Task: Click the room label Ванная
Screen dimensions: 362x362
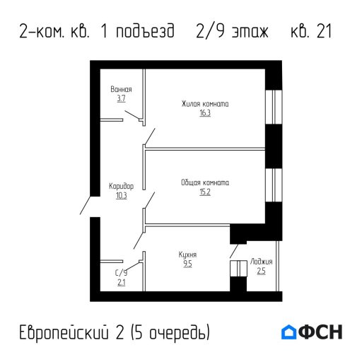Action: (122, 90)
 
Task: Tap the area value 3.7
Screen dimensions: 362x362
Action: (122, 99)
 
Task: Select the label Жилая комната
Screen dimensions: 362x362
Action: (205, 104)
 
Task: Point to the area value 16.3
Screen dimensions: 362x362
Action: (205, 113)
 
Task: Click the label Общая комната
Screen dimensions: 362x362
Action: (205, 182)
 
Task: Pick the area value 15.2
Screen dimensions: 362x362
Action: (205, 191)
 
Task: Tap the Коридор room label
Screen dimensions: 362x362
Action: (122, 186)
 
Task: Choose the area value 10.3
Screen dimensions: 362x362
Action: (122, 196)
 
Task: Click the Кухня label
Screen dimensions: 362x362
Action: (187, 255)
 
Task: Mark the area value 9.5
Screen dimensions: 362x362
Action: (187, 264)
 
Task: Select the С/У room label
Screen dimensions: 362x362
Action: (121, 272)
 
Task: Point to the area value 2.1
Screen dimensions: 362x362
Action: (121, 282)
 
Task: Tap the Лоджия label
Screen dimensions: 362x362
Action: (261, 262)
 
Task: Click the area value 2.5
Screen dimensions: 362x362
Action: (261, 271)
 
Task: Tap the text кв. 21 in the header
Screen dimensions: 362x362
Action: (312, 33)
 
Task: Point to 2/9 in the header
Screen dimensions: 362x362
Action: (209, 33)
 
